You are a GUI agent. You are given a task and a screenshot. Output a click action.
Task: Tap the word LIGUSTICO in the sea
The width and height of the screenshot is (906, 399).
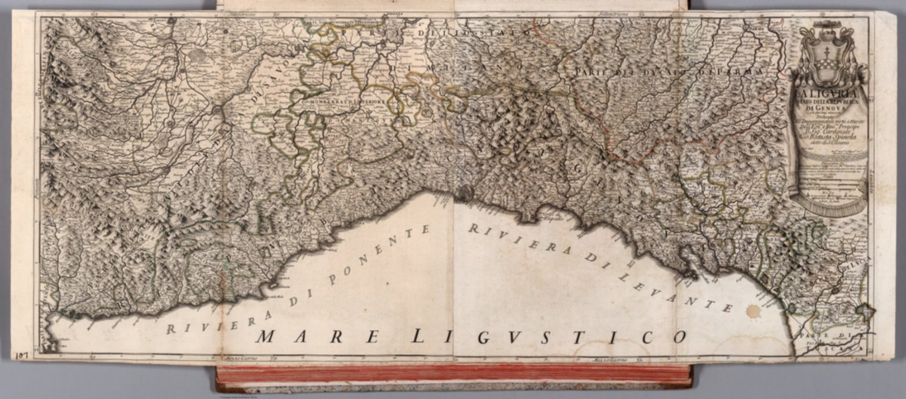[x=549, y=337]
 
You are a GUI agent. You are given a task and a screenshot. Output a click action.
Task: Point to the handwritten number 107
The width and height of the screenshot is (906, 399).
[x=22, y=355]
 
